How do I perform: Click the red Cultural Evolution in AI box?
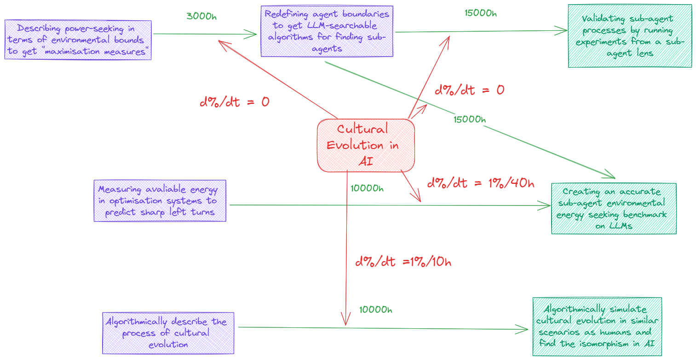(366, 145)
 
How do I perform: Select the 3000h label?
(201, 16)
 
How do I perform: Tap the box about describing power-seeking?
(78, 40)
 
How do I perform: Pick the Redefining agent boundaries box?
(327, 31)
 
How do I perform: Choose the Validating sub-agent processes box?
(630, 36)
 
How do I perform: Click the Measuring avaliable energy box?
(160, 201)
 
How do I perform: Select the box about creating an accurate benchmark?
(613, 208)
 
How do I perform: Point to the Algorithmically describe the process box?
(168, 333)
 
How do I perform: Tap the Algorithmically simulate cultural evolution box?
(597, 327)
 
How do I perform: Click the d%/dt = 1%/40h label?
(481, 183)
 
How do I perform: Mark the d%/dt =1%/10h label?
(403, 262)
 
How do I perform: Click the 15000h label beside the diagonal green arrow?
(469, 120)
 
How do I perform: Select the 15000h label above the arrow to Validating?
(481, 12)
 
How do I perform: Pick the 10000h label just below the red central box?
(366, 188)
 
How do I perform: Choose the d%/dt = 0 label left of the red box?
(234, 102)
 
